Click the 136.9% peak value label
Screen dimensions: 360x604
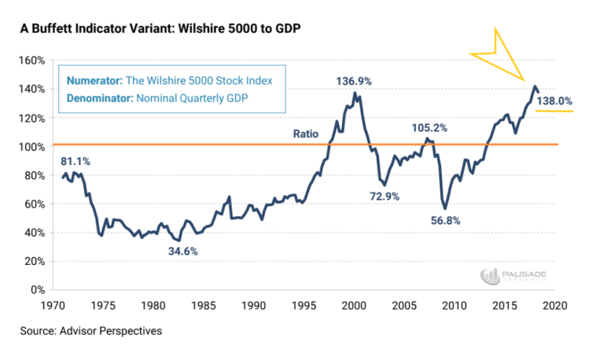pyautogui.click(x=354, y=82)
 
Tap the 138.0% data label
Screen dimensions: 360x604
pyautogui.click(x=554, y=101)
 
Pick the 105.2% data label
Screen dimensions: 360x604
pyautogui.click(x=429, y=128)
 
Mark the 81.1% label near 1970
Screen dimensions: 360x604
pyautogui.click(x=75, y=161)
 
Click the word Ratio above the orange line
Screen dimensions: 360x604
pyautogui.click(x=305, y=134)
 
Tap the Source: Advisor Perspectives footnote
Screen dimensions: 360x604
pyautogui.click(x=91, y=331)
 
